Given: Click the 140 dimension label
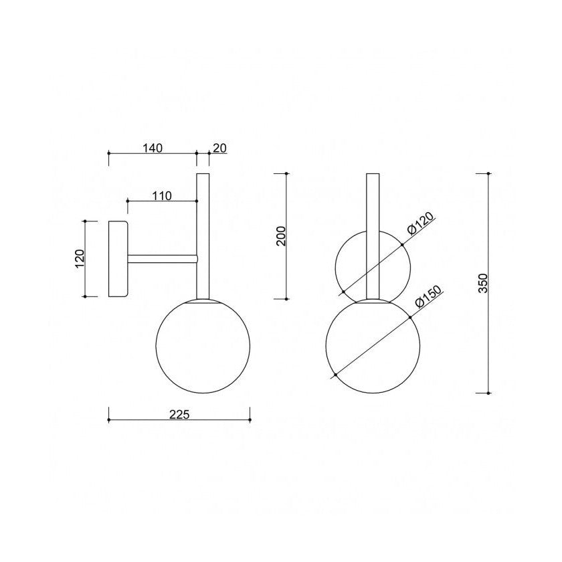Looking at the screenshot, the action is (x=153, y=148).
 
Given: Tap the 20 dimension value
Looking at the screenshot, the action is (x=219, y=148).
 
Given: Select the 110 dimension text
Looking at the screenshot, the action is (x=162, y=195).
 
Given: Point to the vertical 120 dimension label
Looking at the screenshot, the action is (x=79, y=259).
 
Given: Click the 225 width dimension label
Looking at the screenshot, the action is (x=179, y=414).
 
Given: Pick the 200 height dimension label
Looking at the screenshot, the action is (x=282, y=236).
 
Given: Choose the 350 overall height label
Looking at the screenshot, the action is (x=484, y=283).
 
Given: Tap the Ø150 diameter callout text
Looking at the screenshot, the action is (x=429, y=297).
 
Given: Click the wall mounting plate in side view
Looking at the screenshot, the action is (x=118, y=259).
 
